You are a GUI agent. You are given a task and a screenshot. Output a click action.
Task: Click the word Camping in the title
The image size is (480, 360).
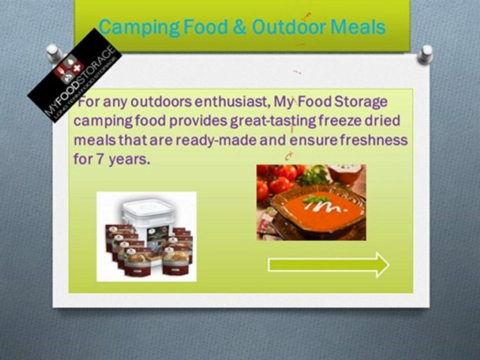(x=139, y=27)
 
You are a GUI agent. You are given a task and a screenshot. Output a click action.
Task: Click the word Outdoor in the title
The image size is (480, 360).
(x=289, y=26)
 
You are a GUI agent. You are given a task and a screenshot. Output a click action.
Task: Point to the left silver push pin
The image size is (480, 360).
(x=54, y=52)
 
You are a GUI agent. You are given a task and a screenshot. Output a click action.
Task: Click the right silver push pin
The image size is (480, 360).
(x=425, y=54)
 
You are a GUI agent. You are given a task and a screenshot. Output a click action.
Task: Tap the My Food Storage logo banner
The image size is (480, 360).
(x=74, y=75)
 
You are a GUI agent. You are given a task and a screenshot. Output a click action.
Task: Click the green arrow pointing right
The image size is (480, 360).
(x=328, y=265)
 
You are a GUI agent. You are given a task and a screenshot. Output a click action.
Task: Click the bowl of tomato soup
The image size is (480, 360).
(x=318, y=210)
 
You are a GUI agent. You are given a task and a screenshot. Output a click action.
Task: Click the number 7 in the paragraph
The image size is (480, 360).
(x=99, y=159)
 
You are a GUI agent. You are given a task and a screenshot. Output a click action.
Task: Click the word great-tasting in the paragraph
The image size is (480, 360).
(x=273, y=121)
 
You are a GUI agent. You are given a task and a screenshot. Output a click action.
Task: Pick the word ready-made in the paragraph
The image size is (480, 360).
(x=216, y=141)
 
